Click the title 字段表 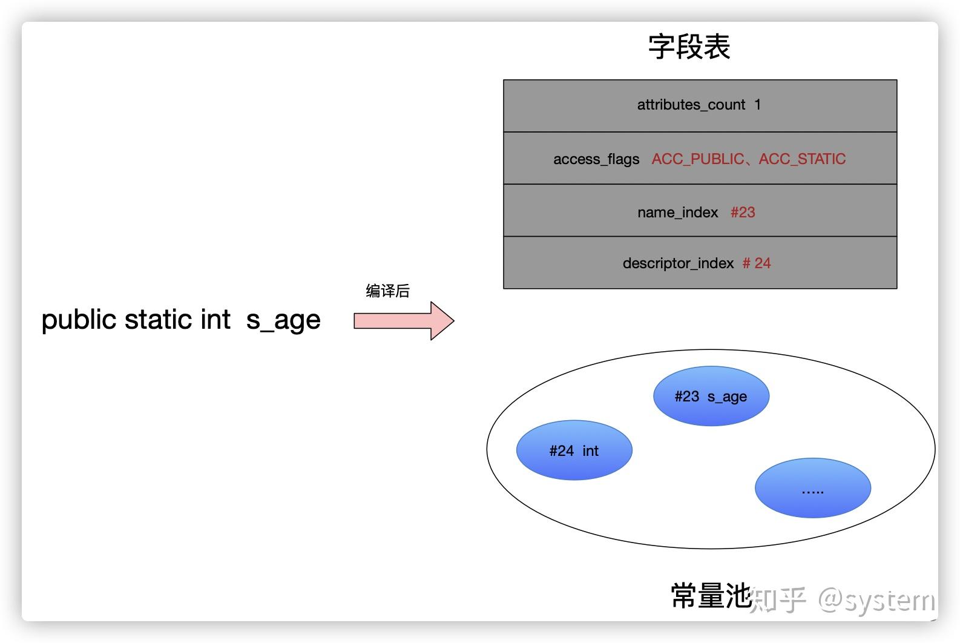(x=689, y=47)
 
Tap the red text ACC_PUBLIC (x=697, y=159)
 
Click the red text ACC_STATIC (x=802, y=159)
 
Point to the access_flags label (x=596, y=159)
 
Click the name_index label (x=677, y=213)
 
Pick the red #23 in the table (x=743, y=213)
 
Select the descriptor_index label (x=678, y=263)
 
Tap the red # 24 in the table (x=757, y=263)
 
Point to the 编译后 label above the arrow (x=387, y=291)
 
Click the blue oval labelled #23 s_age (x=711, y=397)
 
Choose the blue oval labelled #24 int (x=574, y=450)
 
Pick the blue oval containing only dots (x=812, y=488)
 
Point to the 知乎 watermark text (x=778, y=599)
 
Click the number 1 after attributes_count (x=757, y=104)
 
